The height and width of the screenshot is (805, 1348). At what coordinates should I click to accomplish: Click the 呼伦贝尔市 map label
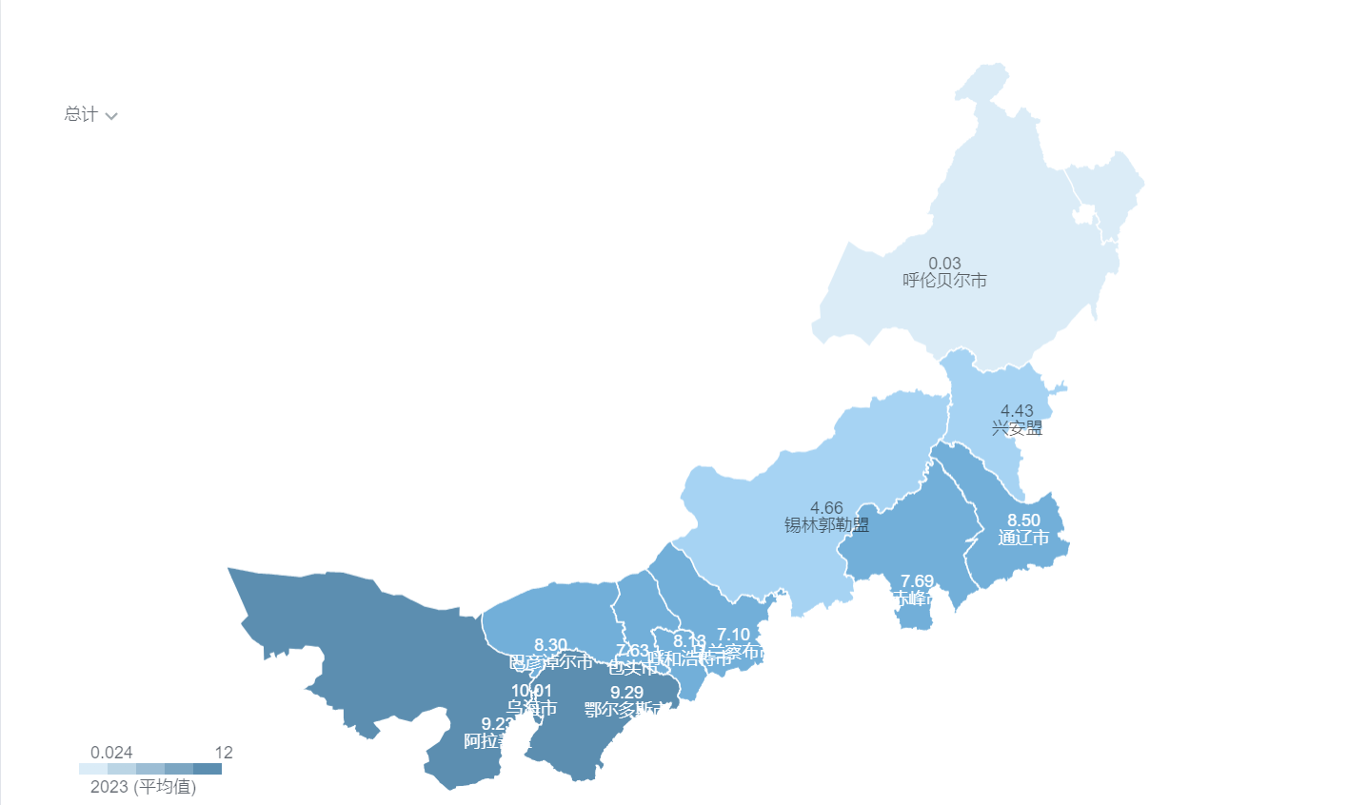[944, 281]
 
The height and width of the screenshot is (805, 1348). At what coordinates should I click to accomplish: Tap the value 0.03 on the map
[944, 264]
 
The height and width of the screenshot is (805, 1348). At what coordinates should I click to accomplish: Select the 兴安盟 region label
[1017, 428]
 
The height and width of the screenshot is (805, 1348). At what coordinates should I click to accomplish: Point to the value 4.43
[1017, 411]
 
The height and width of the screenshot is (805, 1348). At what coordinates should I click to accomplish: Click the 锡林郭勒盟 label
[826, 524]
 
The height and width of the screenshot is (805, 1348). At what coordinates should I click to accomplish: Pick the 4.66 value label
[826, 508]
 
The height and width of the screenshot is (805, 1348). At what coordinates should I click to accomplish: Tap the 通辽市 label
[1023, 538]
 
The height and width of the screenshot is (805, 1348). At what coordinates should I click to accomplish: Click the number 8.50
[1023, 520]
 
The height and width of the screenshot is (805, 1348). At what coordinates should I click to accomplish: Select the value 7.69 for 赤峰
[917, 581]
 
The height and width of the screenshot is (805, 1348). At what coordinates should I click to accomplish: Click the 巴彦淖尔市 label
[550, 661]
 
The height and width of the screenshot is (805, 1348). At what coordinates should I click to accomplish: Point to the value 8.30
[550, 645]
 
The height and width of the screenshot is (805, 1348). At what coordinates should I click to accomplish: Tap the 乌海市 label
[531, 708]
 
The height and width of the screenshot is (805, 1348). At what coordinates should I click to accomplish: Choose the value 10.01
[531, 691]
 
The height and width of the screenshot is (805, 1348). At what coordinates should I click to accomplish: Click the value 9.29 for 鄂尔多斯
[626, 693]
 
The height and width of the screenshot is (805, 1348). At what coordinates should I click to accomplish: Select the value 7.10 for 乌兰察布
[733, 635]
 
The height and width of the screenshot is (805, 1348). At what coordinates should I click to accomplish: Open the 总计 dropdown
[90, 115]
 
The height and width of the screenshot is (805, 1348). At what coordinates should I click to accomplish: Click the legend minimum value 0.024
[111, 753]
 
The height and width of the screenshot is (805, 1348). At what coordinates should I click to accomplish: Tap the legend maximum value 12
[224, 753]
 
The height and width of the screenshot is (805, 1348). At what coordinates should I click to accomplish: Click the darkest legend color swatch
[208, 769]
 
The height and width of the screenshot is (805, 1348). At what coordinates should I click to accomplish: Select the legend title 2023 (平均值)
[143, 787]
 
